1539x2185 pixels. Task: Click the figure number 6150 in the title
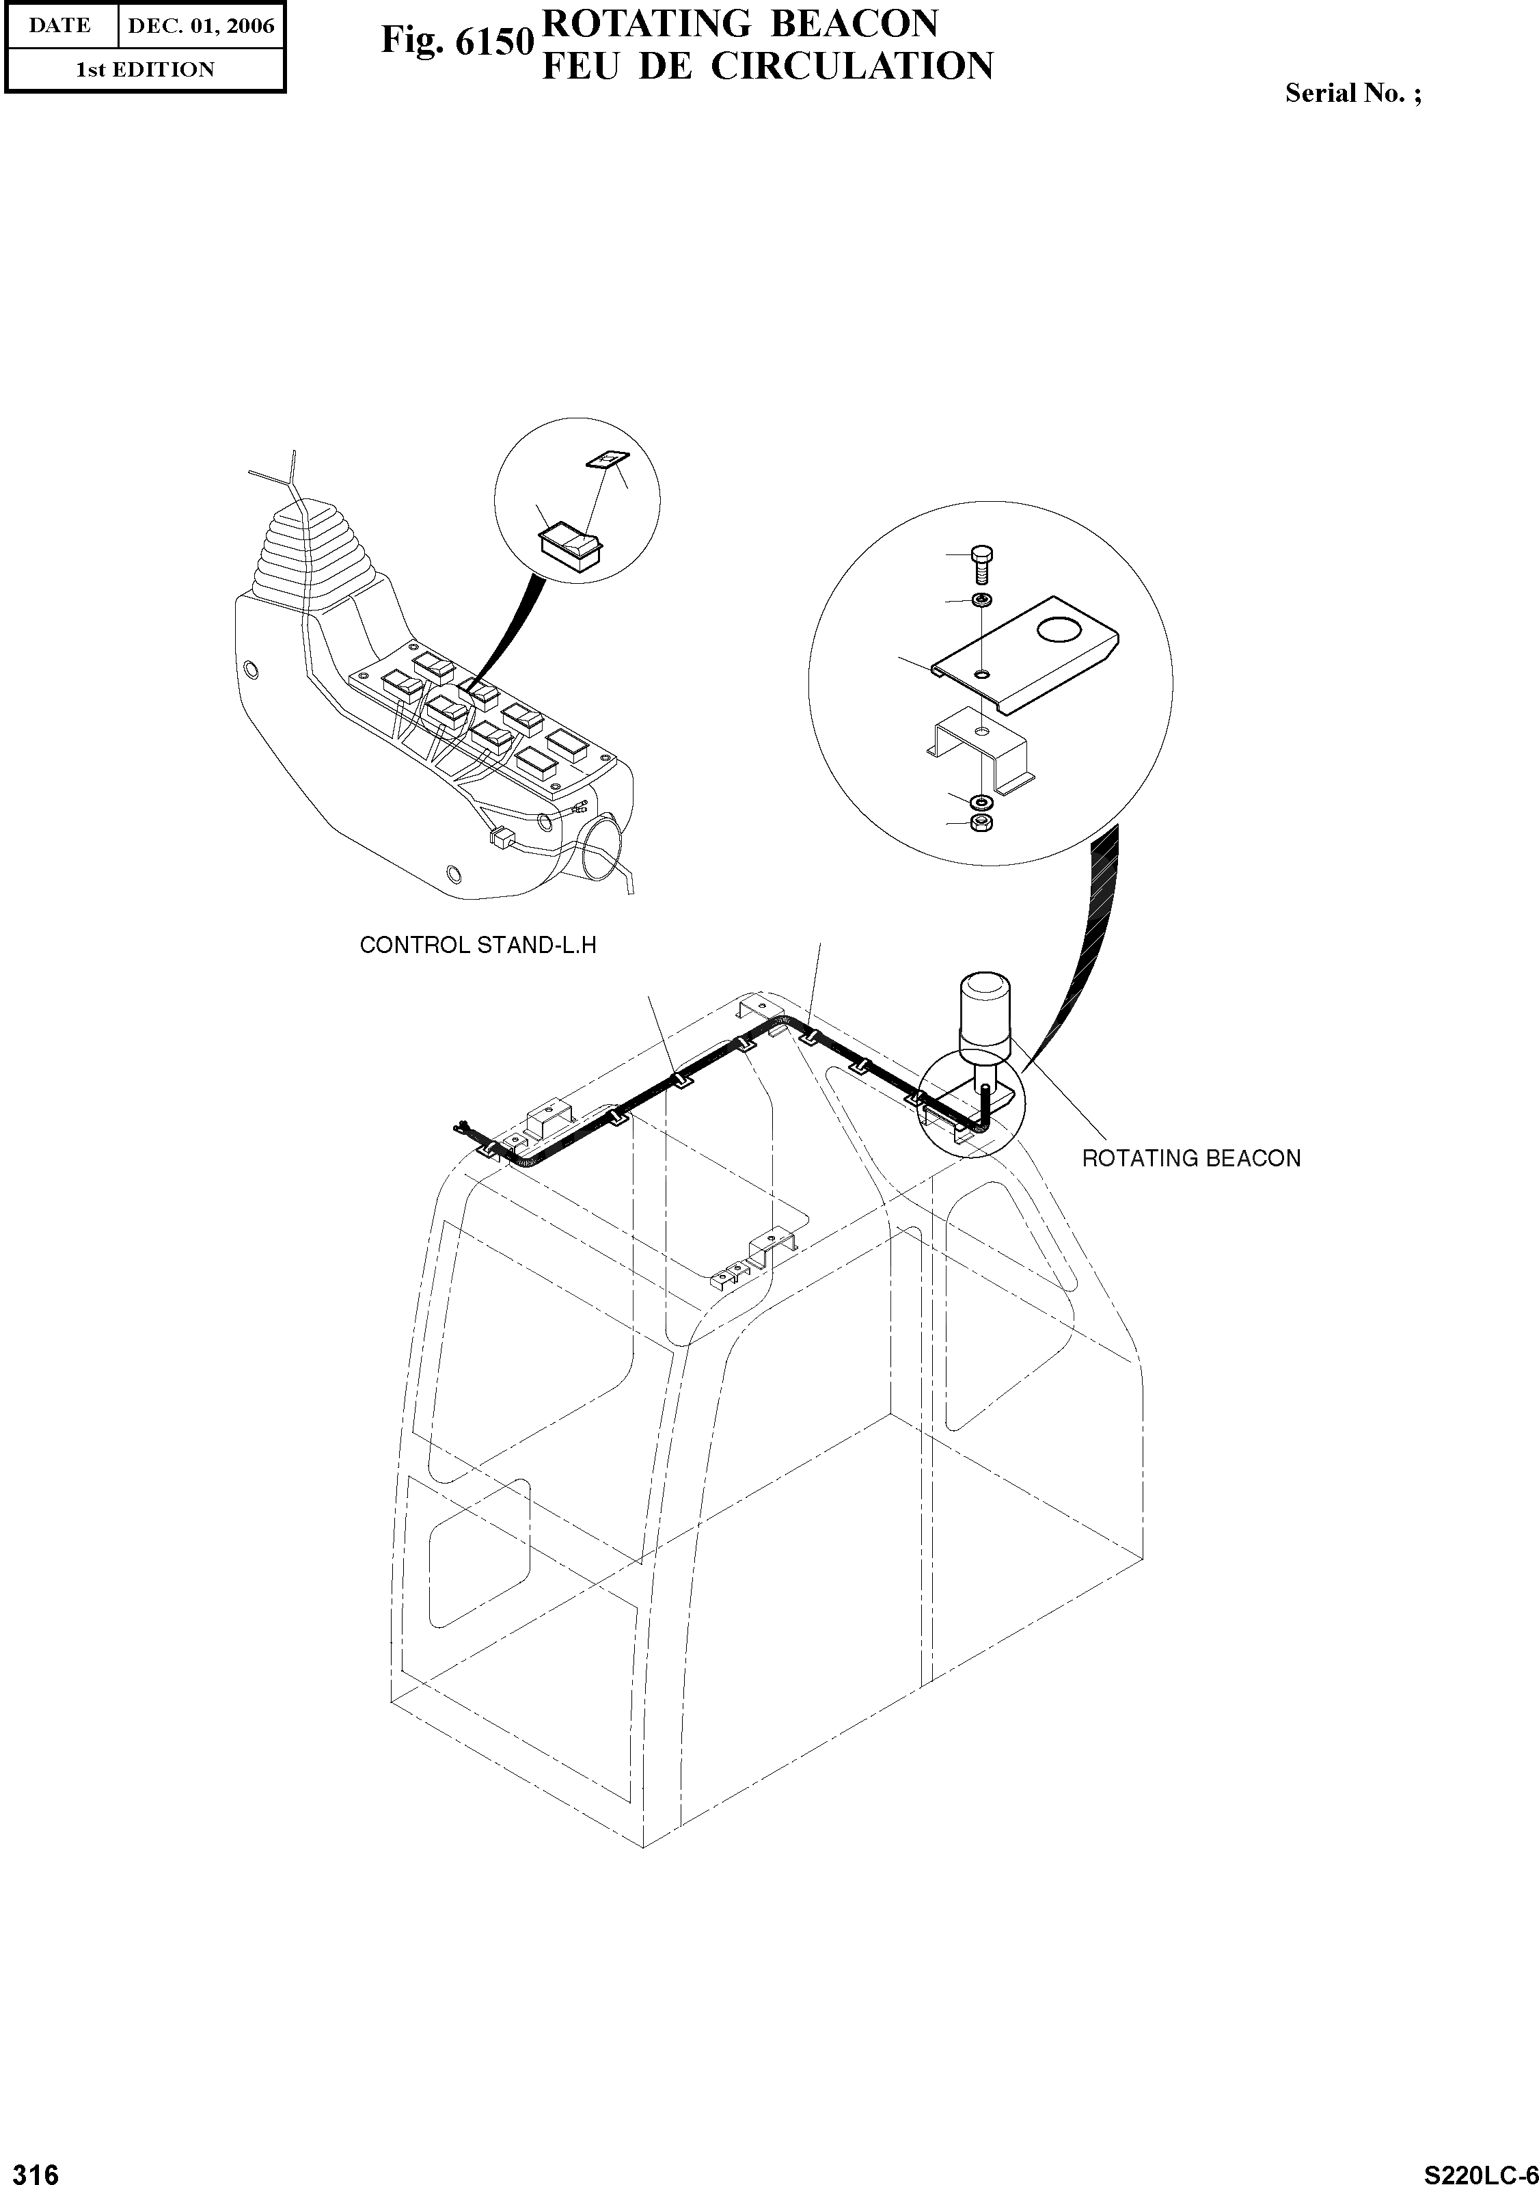pyautogui.click(x=493, y=42)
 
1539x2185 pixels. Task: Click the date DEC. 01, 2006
pyautogui.click(x=201, y=26)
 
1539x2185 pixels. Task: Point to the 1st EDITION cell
pyautogui.click(x=146, y=70)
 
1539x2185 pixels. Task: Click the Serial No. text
pyautogui.click(x=1352, y=93)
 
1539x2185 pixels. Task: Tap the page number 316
pyautogui.click(x=31, y=2167)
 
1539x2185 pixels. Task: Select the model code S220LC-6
pyautogui.click(x=1478, y=2169)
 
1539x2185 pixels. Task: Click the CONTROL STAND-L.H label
pyautogui.click(x=478, y=945)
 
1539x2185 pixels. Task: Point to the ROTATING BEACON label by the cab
pyautogui.click(x=1191, y=1158)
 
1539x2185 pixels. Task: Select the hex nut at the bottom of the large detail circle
pyautogui.click(x=981, y=822)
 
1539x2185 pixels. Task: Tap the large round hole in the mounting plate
pyautogui.click(x=1061, y=630)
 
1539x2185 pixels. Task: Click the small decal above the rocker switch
pyautogui.click(x=605, y=461)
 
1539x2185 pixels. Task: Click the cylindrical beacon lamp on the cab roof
pyautogui.click(x=983, y=1017)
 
